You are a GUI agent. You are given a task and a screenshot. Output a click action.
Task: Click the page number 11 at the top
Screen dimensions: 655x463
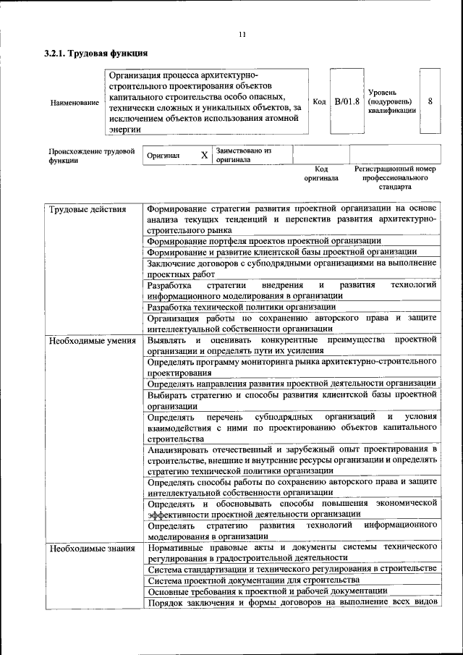click(x=242, y=34)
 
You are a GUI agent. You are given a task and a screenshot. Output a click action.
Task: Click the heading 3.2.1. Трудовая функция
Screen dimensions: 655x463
click(x=96, y=53)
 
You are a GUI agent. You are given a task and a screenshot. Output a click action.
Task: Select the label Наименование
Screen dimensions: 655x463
click(x=75, y=103)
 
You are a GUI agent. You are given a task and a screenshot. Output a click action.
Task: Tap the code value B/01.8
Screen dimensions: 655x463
click(x=347, y=101)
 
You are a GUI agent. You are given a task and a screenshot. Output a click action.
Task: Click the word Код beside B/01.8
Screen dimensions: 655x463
click(x=318, y=101)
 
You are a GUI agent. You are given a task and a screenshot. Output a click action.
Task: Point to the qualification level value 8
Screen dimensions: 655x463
click(x=430, y=101)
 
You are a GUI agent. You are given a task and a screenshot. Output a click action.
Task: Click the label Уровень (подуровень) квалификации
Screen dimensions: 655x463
click(x=391, y=102)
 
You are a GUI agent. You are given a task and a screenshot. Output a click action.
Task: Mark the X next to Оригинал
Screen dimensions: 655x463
click(x=204, y=155)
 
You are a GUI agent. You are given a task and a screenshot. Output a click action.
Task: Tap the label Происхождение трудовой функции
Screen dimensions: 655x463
click(x=92, y=156)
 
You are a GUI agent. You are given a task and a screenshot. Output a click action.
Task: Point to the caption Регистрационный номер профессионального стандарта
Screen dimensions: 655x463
click(x=394, y=177)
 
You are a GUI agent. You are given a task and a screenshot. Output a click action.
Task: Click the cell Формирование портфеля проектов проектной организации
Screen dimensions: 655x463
click(x=263, y=241)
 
